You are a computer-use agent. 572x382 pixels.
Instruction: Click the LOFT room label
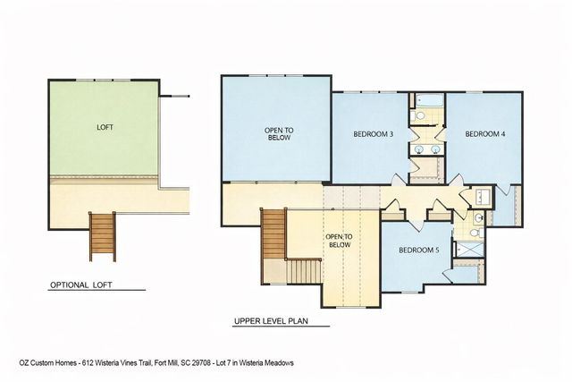click(x=105, y=128)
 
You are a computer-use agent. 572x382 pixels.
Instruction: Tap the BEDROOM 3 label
click(x=374, y=135)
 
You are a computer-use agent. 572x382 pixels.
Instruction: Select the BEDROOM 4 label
click(x=485, y=135)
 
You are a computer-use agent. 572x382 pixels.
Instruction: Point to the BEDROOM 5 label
click(x=418, y=250)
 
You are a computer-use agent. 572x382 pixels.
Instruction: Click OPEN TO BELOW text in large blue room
click(x=279, y=135)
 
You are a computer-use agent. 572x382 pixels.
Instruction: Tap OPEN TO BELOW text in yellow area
click(x=340, y=241)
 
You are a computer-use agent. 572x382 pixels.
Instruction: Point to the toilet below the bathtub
click(x=419, y=116)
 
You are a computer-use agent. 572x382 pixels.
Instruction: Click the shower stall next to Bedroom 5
click(x=468, y=250)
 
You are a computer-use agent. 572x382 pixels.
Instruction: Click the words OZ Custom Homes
click(x=46, y=362)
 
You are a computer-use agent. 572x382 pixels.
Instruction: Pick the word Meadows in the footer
click(x=277, y=362)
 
